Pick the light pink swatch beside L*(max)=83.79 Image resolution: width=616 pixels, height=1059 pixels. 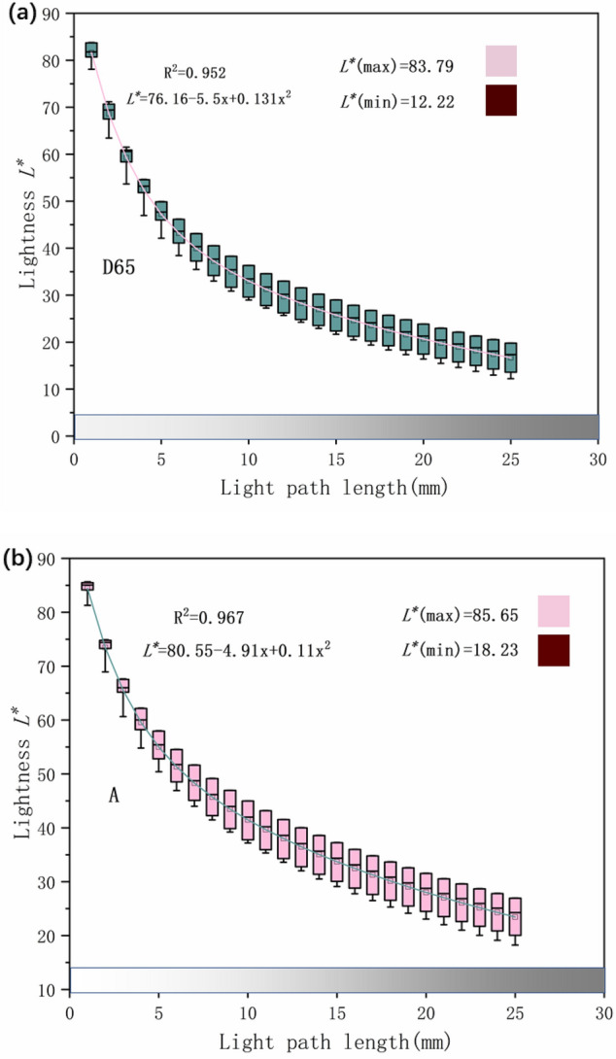pyautogui.click(x=500, y=60)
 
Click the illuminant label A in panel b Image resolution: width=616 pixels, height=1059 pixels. pyautogui.click(x=114, y=796)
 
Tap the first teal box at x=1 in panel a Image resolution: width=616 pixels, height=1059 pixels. pyautogui.click(x=91, y=51)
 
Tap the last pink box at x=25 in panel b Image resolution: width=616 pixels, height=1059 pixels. pyautogui.click(x=515, y=915)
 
